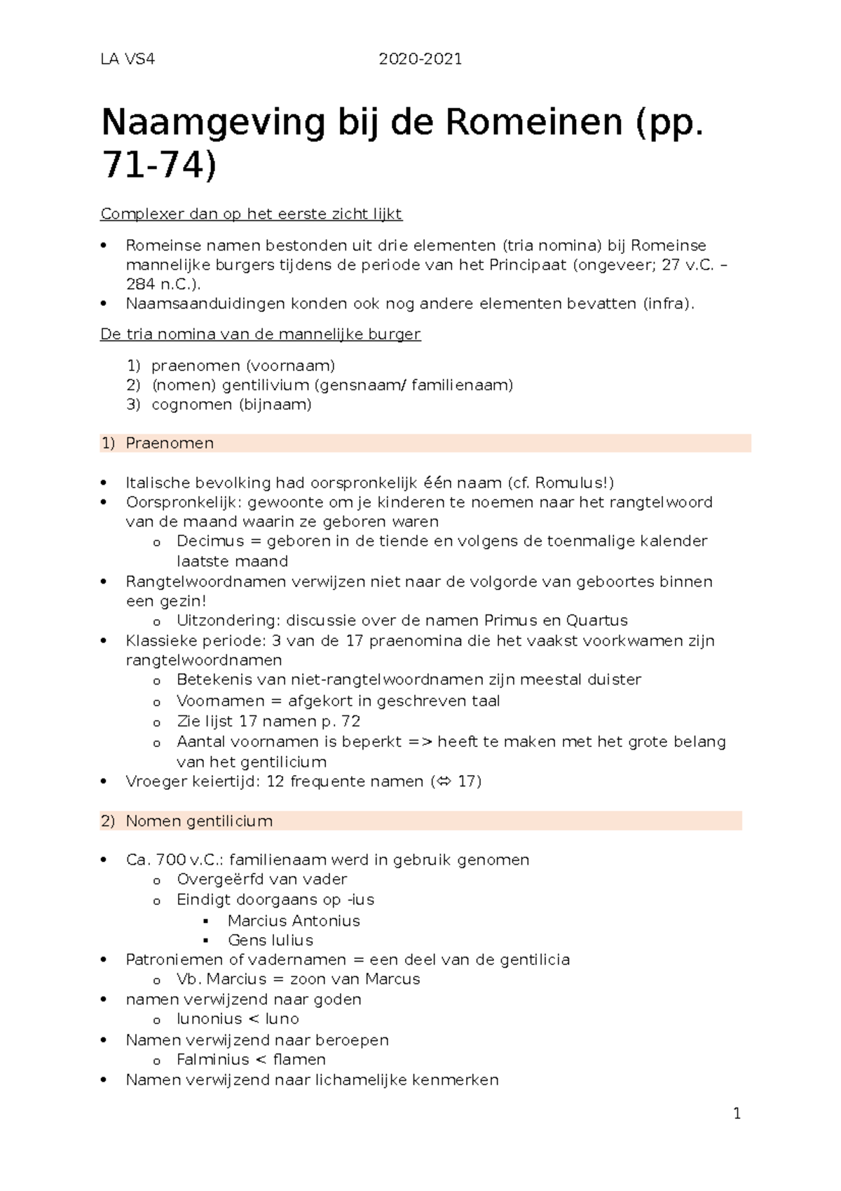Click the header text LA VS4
tap(128, 59)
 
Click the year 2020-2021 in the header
tap(420, 59)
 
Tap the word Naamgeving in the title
tap(213, 123)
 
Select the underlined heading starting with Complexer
tap(251, 214)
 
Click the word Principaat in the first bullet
tap(527, 265)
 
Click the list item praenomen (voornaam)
tap(243, 365)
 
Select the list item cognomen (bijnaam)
tap(231, 405)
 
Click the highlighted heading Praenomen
tap(169, 443)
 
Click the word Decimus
tap(210, 541)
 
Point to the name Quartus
tap(597, 621)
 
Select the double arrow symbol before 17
tap(442, 782)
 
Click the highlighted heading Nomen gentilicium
tap(199, 821)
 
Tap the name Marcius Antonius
tap(294, 921)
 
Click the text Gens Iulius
tap(271, 941)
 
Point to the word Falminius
tap(212, 1060)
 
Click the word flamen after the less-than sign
tap(299, 1060)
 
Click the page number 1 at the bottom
tap(737, 1114)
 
